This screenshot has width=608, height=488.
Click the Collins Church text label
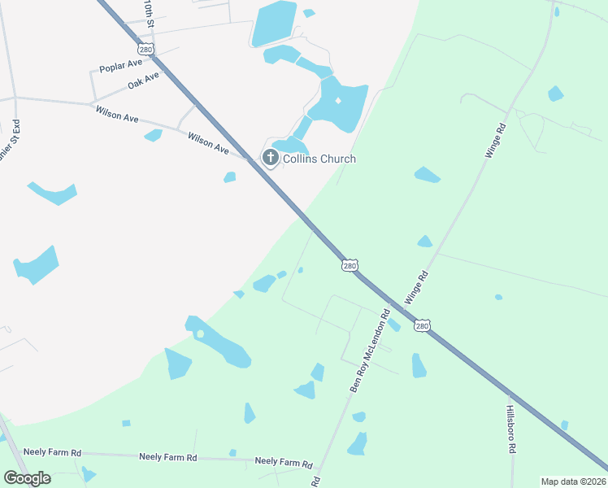coord(319,159)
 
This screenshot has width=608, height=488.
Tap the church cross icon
coord(270,156)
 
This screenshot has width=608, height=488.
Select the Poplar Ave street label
coord(120,68)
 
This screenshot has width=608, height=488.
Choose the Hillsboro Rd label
coord(511,429)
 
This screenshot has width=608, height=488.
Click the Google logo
coord(27,478)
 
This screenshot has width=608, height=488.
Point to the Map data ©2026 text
coord(573,481)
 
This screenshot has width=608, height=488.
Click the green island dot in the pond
coord(200,333)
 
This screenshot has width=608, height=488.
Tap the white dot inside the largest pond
coord(337,100)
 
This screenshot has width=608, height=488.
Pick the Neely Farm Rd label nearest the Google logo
coord(53,452)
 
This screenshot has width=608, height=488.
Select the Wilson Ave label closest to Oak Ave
coord(117,113)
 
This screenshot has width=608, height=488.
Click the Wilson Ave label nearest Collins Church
coord(209,141)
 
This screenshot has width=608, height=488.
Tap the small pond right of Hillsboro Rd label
coord(564,425)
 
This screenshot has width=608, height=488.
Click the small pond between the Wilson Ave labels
coord(153,135)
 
